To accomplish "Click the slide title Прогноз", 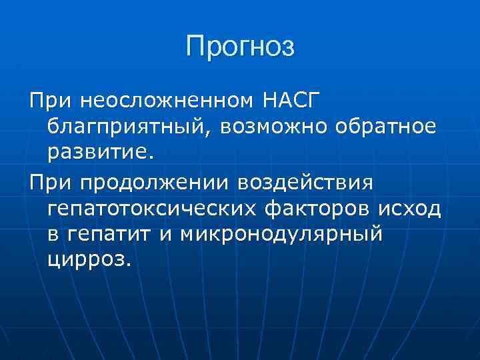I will pos(240,47).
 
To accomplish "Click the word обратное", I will pos(387,126).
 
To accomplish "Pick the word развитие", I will pos(100,153).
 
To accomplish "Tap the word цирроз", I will pos(85,260).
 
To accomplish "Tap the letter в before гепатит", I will pos(54,235).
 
